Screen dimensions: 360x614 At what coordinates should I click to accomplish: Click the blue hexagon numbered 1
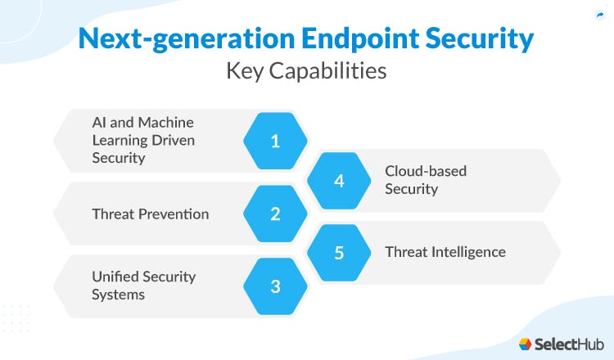pyautogui.click(x=275, y=141)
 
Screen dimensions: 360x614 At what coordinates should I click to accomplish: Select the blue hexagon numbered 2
pyautogui.click(x=275, y=214)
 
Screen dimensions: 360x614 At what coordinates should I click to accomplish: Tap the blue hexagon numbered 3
pyautogui.click(x=275, y=286)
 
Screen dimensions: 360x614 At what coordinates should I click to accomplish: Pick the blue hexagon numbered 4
pyautogui.click(x=339, y=181)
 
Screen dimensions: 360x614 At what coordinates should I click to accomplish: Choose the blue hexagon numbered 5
pyautogui.click(x=339, y=253)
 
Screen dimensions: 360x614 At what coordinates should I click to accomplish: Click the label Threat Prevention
pyautogui.click(x=150, y=214)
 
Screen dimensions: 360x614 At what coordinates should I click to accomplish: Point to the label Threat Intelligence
pyautogui.click(x=445, y=252)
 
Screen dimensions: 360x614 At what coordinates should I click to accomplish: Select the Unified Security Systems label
pyautogui.click(x=143, y=285)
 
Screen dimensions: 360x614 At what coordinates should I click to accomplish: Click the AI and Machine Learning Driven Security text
pyautogui.click(x=143, y=140)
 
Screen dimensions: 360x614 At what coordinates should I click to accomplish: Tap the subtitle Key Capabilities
pyautogui.click(x=306, y=71)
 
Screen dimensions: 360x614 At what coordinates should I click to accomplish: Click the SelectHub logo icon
pyautogui.click(x=526, y=344)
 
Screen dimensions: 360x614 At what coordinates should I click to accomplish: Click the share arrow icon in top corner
pyautogui.click(x=598, y=15)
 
